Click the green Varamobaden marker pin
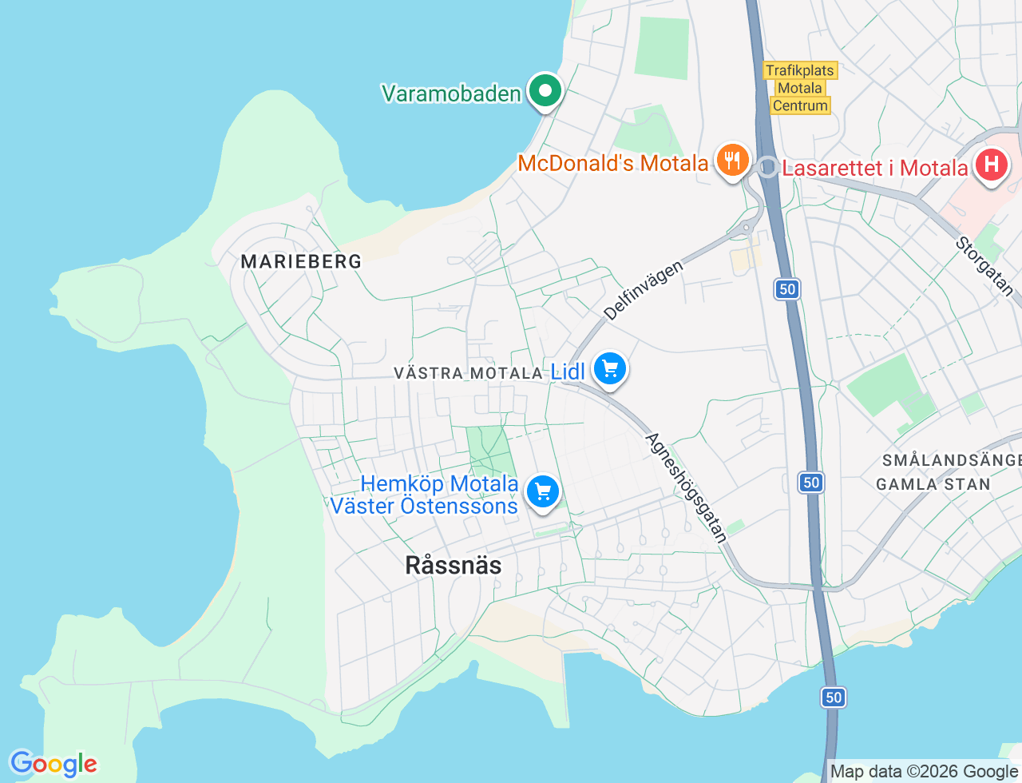click(545, 91)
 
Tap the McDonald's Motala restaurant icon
click(731, 161)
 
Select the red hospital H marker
click(991, 165)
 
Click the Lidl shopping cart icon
click(610, 369)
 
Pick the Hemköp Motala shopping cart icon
click(543, 491)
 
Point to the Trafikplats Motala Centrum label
click(800, 88)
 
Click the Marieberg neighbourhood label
click(301, 261)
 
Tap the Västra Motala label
click(468, 373)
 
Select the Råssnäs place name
click(454, 565)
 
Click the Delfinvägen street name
click(644, 289)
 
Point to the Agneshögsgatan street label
click(687, 487)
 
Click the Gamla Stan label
click(933, 484)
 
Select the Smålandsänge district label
click(951, 460)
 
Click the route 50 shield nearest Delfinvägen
click(787, 289)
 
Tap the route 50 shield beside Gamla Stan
click(811, 482)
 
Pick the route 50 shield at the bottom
click(834, 698)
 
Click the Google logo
click(53, 764)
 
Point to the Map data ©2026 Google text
click(924, 771)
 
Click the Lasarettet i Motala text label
click(874, 168)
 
